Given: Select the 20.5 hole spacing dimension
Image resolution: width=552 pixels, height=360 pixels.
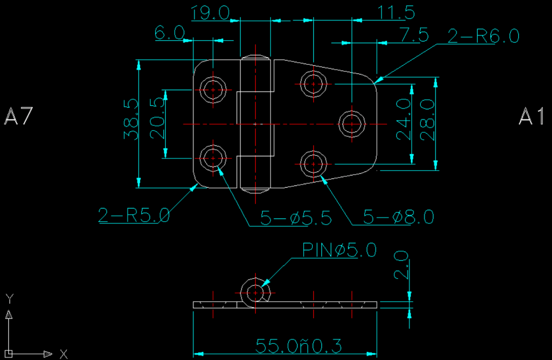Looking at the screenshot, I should (158, 119).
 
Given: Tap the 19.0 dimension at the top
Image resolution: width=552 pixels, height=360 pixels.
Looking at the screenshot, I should (211, 13).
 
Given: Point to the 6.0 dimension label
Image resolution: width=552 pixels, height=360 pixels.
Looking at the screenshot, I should (170, 33).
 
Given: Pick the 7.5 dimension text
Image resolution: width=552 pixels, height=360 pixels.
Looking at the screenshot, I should (414, 35).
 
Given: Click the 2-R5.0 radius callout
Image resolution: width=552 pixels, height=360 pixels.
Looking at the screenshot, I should (133, 215).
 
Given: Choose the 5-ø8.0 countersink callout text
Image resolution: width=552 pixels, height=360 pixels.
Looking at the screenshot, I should (398, 217).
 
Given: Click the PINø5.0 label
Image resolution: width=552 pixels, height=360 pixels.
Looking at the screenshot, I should (339, 250).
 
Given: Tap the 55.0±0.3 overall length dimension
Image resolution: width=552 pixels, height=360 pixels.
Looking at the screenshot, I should (299, 345).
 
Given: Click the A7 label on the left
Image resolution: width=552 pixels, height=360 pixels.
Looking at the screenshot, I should (18, 116).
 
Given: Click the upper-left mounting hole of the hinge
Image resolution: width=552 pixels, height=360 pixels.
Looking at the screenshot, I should (213, 90).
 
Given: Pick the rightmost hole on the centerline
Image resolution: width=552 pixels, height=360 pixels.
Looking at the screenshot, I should (352, 124).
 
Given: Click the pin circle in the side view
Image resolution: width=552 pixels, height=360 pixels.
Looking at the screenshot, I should (254, 292).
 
